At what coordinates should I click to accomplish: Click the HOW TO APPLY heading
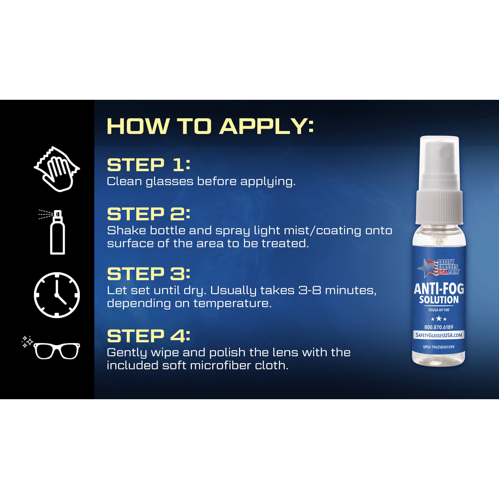point(210,126)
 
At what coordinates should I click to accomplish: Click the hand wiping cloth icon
point(57,169)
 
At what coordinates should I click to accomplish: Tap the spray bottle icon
point(57,233)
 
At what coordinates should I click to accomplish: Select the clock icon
point(57,295)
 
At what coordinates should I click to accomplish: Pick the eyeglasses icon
point(57,351)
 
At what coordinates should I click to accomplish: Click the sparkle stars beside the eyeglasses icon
point(27,342)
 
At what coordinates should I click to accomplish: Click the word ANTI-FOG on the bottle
point(439,289)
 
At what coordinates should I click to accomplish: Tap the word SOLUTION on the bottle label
point(439,300)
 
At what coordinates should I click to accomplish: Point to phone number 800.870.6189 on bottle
point(439,327)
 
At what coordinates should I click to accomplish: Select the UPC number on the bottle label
point(439,347)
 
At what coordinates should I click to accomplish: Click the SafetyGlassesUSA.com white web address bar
point(439,335)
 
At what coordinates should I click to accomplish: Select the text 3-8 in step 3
point(310,290)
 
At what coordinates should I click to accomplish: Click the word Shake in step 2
point(126,230)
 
